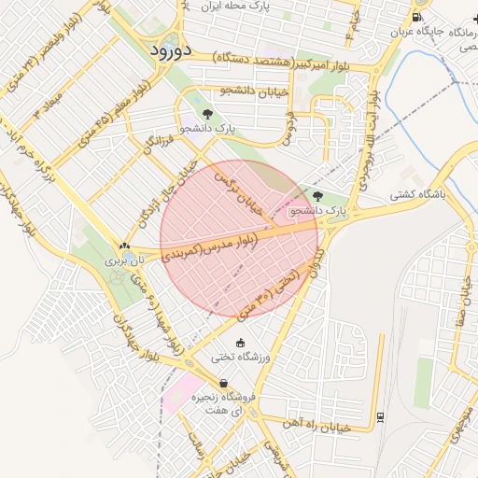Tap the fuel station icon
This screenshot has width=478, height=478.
tap(415, 18)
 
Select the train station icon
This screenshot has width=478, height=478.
tap(380, 417)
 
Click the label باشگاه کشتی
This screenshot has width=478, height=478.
tap(416, 197)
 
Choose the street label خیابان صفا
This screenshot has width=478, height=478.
tap(459, 302)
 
